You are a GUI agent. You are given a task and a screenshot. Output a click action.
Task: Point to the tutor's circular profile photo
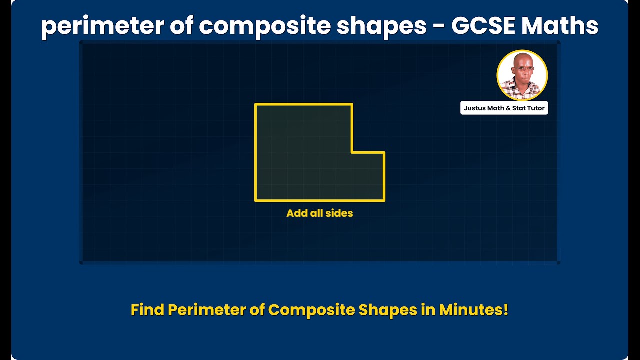[x=522, y=75]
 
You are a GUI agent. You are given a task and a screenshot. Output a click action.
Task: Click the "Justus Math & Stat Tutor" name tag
[x=504, y=108]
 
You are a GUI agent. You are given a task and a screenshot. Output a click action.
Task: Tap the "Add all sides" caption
[x=320, y=213]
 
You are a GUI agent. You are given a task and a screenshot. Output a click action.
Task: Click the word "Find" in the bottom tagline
[x=147, y=310]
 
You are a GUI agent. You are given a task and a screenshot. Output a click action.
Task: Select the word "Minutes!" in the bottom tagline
[x=474, y=310]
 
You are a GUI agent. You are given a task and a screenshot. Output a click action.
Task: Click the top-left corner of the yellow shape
[x=255, y=104]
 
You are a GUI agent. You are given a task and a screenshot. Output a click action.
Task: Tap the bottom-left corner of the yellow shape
[x=255, y=201]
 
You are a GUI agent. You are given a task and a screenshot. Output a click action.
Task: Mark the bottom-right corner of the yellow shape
[x=384, y=201]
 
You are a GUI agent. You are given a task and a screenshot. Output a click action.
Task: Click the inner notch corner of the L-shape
[x=352, y=152]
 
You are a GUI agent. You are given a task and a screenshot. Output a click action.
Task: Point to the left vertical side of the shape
[x=255, y=152]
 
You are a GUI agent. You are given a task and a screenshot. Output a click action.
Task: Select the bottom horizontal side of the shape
[x=320, y=201]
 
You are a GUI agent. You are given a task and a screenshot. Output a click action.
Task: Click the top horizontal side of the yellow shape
[x=304, y=104]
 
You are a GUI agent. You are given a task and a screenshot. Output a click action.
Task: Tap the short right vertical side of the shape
[x=384, y=176]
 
